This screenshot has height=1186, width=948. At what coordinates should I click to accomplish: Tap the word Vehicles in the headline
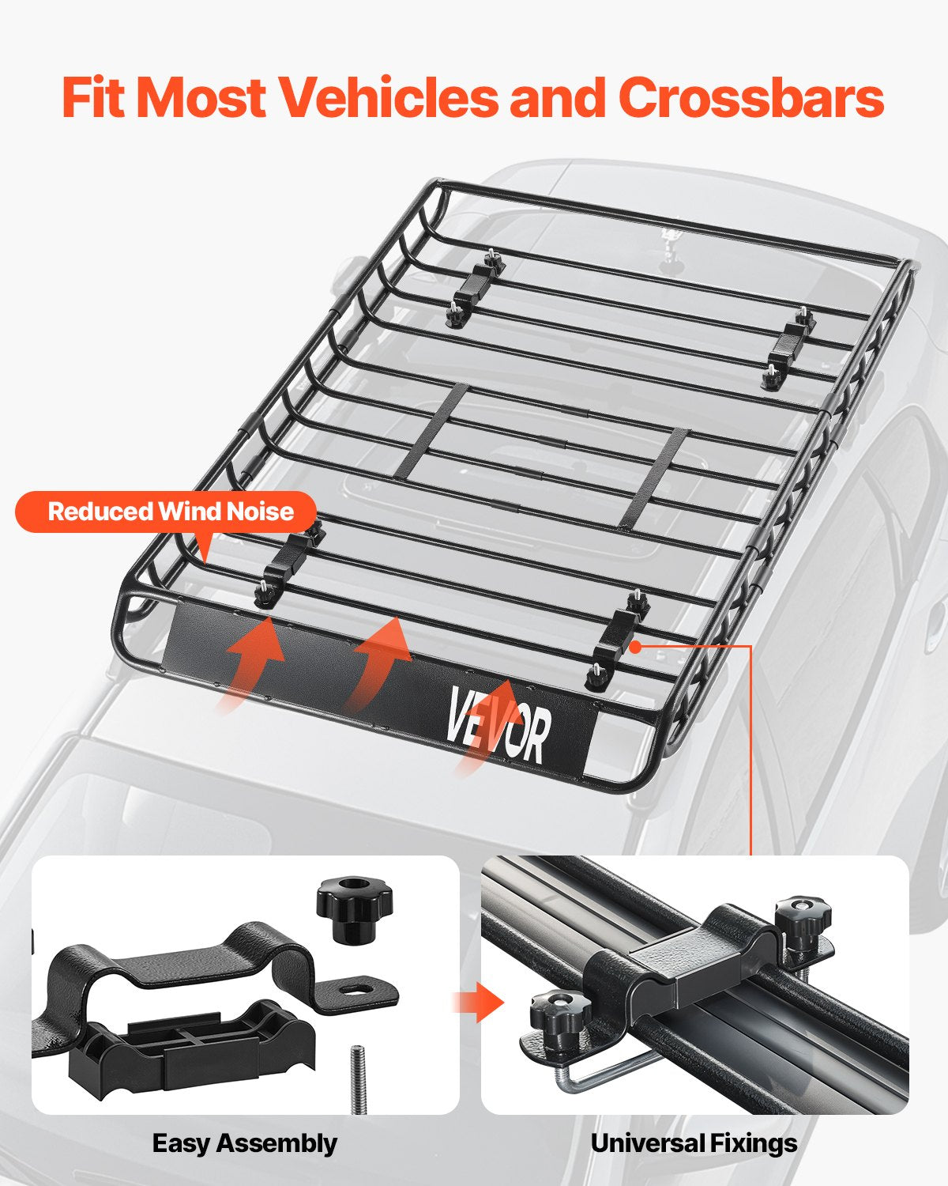pyautogui.click(x=391, y=98)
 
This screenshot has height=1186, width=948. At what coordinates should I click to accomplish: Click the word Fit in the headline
pyautogui.click(x=95, y=98)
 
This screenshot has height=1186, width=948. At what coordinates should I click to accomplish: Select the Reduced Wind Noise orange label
pyautogui.click(x=170, y=512)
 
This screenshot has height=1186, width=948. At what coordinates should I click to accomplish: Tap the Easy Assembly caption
pyautogui.click(x=244, y=1143)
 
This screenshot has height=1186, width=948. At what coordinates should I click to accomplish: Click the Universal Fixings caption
pyautogui.click(x=694, y=1143)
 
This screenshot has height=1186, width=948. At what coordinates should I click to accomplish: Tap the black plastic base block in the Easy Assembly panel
pyautogui.click(x=190, y=1044)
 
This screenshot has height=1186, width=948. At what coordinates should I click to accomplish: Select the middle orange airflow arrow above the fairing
pyautogui.click(x=379, y=660)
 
